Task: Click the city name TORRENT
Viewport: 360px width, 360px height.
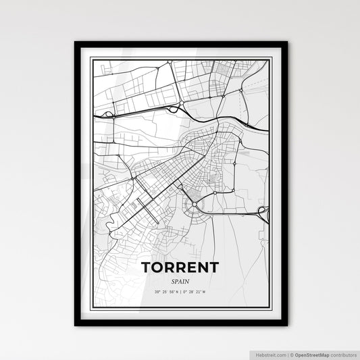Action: coord(180,267)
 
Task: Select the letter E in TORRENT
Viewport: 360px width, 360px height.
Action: coord(190,267)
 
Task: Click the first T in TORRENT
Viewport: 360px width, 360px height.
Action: coord(147,267)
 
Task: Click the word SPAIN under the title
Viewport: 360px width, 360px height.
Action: coord(180,281)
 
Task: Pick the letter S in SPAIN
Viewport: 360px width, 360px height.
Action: coord(172,281)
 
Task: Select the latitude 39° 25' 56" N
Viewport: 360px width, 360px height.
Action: coord(162,291)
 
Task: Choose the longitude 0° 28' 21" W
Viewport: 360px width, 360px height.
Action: coord(198,291)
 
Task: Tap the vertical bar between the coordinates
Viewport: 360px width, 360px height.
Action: coord(180,291)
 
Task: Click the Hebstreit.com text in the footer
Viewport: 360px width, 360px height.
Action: coord(270,354)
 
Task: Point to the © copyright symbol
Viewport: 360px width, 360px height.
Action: coord(292,354)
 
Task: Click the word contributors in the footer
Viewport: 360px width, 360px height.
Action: coord(342,354)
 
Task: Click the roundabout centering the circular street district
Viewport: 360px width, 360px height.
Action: coord(195,202)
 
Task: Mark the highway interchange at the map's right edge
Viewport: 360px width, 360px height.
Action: coord(264,213)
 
